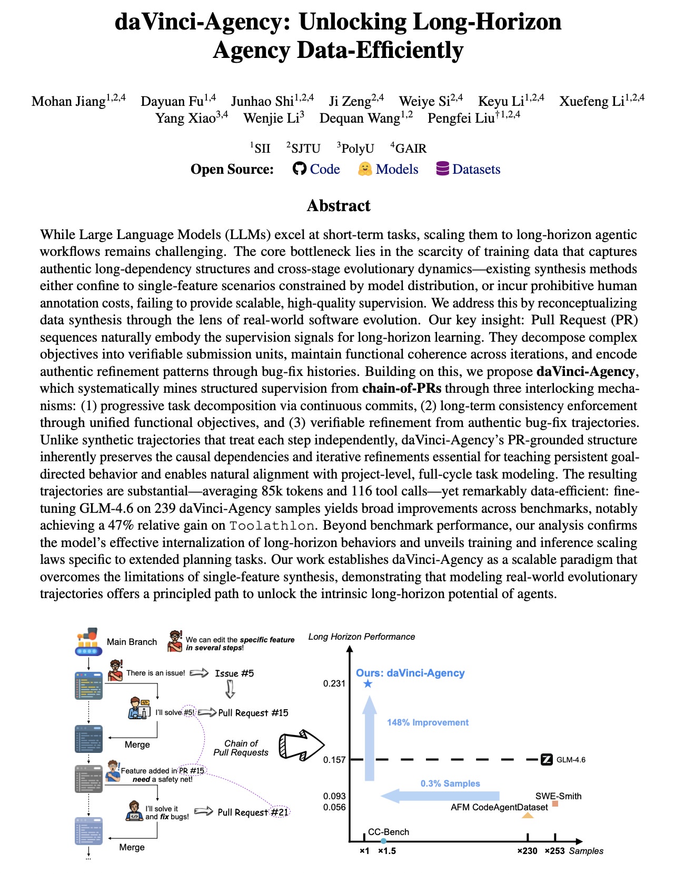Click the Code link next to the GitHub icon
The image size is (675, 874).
(x=324, y=169)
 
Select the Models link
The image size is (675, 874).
(x=396, y=169)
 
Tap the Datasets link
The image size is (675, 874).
(x=476, y=169)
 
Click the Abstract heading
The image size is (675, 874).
(x=338, y=205)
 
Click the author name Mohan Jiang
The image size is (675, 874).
(x=68, y=101)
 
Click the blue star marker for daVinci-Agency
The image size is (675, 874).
(x=368, y=683)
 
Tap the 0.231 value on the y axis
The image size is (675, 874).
(x=334, y=683)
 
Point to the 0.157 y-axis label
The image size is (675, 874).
(x=334, y=760)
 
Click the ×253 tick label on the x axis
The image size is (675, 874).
(x=554, y=851)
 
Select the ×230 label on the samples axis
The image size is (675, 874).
(x=527, y=851)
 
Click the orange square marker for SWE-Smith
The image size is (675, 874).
(x=555, y=804)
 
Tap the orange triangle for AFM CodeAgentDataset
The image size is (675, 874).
(x=528, y=815)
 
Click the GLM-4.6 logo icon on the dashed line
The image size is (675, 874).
(x=547, y=759)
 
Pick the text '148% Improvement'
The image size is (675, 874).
(x=428, y=722)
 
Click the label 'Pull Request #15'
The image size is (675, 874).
(x=253, y=713)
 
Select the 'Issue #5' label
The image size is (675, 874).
(x=234, y=673)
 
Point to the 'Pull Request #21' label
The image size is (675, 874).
(x=253, y=812)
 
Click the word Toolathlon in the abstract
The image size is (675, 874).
(x=272, y=525)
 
